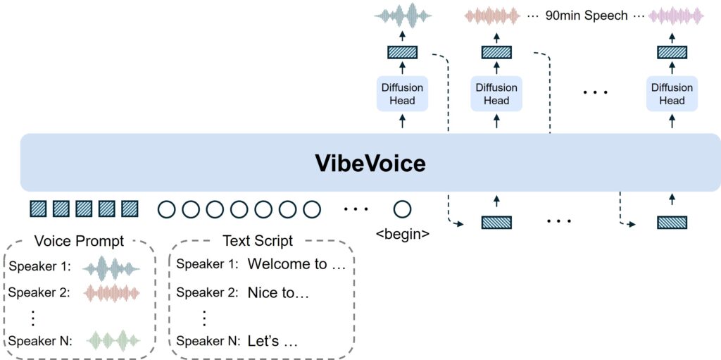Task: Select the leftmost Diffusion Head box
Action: pyautogui.click(x=402, y=94)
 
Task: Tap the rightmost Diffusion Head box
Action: pyautogui.click(x=672, y=94)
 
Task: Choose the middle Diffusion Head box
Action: pyautogui.click(x=496, y=94)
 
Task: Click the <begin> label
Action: pyautogui.click(x=402, y=233)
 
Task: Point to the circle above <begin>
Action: pyautogui.click(x=402, y=209)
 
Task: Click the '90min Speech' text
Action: pyautogui.click(x=587, y=15)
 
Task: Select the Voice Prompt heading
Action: pyautogui.click(x=79, y=241)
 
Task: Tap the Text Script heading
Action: pyautogui.click(x=258, y=241)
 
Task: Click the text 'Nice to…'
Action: pyautogui.click(x=279, y=292)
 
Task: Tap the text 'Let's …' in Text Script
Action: pyautogui.click(x=272, y=342)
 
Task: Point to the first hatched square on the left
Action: pyautogui.click(x=39, y=209)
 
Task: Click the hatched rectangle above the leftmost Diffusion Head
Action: pyautogui.click(x=402, y=52)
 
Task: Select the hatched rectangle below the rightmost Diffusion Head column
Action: pyautogui.click(x=672, y=223)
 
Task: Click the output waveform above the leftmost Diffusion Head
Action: pyautogui.click(x=402, y=15)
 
